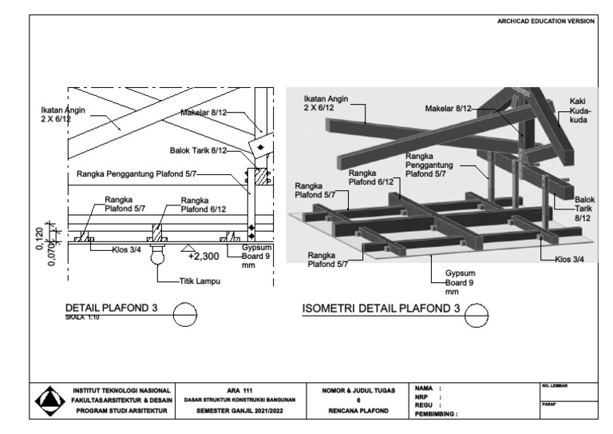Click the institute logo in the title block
(x=49, y=399)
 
